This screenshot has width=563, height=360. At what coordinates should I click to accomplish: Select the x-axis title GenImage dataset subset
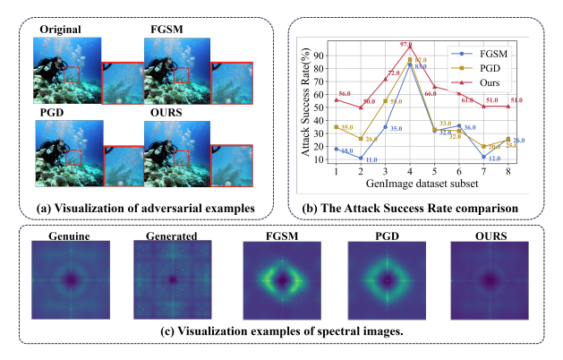point(410,184)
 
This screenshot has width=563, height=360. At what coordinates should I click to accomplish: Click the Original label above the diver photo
point(60,30)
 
